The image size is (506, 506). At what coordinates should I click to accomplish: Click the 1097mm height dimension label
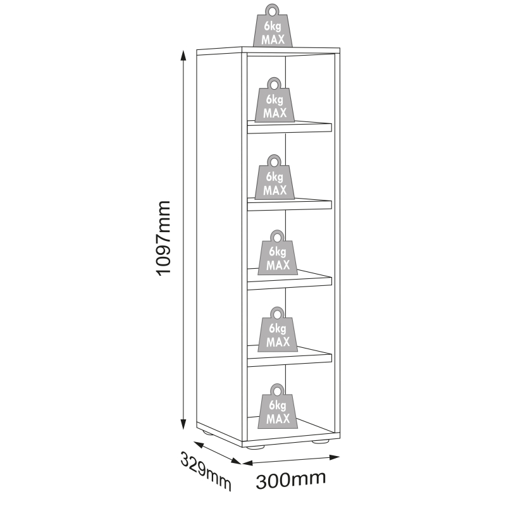pos(163,238)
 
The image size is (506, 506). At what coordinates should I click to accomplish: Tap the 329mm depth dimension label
pos(206,471)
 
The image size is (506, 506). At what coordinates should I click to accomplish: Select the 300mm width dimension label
pos(291,480)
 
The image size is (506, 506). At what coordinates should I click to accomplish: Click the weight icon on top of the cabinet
pos(273,25)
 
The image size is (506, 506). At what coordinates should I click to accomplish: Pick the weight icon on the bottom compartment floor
pos(278,406)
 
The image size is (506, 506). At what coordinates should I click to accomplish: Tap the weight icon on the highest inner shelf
pos(275,100)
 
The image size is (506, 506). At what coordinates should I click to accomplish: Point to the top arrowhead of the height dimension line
pos(183,56)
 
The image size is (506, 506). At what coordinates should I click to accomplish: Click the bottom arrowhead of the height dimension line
pos(183,424)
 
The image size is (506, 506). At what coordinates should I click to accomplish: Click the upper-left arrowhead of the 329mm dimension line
pos(199,445)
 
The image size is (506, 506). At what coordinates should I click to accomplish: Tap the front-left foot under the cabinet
pos(256,447)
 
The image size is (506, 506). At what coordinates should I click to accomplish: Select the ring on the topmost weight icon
pos(272,11)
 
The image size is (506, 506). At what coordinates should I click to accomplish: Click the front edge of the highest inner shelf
pos(290,128)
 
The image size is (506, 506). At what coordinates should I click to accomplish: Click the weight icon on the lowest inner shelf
pos(278,329)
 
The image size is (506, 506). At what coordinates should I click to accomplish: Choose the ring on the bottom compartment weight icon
pos(277,390)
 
